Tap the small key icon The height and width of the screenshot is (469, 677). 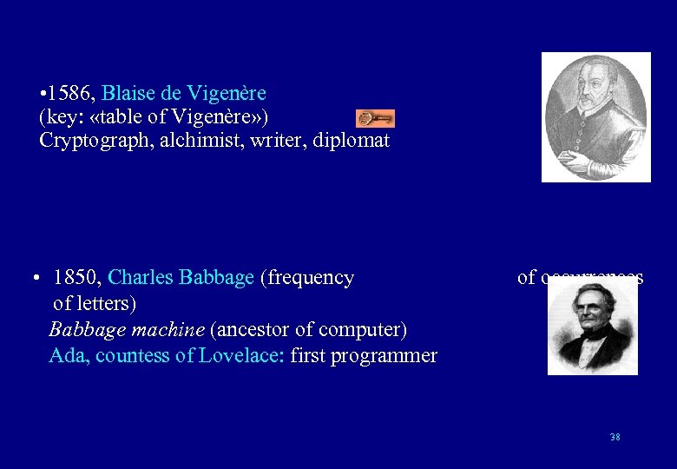pyautogui.click(x=375, y=118)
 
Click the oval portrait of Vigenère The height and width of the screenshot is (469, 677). pyautogui.click(x=596, y=117)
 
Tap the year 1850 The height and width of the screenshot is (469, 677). pyautogui.click(x=77, y=278)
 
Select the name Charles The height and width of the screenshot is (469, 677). pyautogui.click(x=141, y=278)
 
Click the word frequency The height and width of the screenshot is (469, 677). pyautogui.click(x=312, y=278)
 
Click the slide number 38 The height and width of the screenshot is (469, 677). pyautogui.click(x=615, y=437)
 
